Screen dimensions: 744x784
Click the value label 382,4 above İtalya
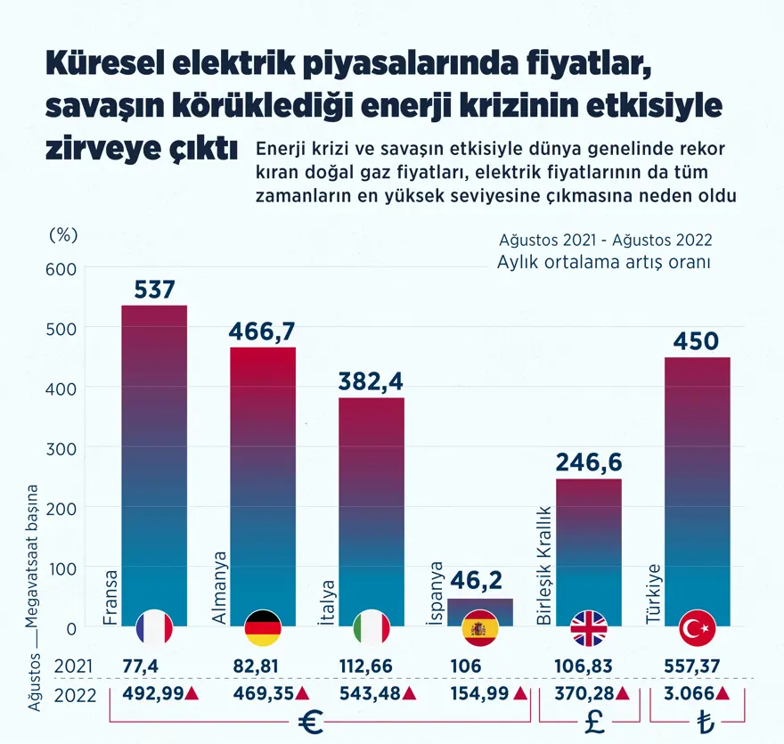pyautogui.click(x=371, y=381)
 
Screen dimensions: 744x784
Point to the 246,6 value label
pyautogui.click(x=589, y=462)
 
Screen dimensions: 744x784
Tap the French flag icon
pyautogui.click(x=154, y=629)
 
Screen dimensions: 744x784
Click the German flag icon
pyautogui.click(x=263, y=629)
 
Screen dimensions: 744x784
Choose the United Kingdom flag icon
pyautogui.click(x=589, y=629)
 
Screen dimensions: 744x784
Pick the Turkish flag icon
pyautogui.click(x=698, y=629)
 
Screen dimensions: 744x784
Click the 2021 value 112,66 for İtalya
pyautogui.click(x=367, y=666)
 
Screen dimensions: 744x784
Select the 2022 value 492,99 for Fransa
pyautogui.click(x=147, y=694)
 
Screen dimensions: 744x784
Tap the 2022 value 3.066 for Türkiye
pyautogui.click(x=688, y=694)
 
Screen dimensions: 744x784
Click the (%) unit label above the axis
pyautogui.click(x=62, y=234)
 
